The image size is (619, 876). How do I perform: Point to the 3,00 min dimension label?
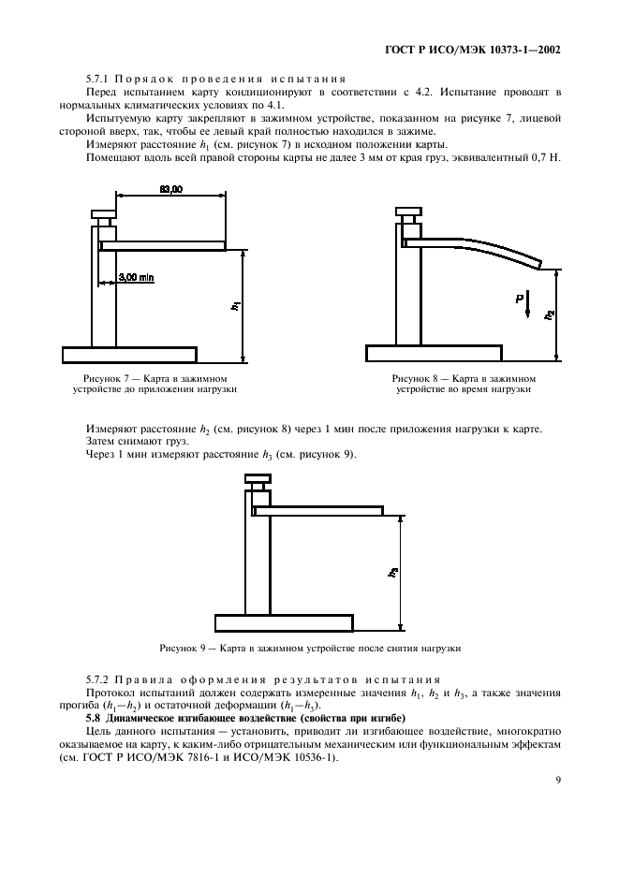tap(137, 277)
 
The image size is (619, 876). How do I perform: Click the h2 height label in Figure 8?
tap(549, 314)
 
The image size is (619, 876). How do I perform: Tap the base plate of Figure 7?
tap(129, 354)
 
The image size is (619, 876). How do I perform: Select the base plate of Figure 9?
tap(285, 622)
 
